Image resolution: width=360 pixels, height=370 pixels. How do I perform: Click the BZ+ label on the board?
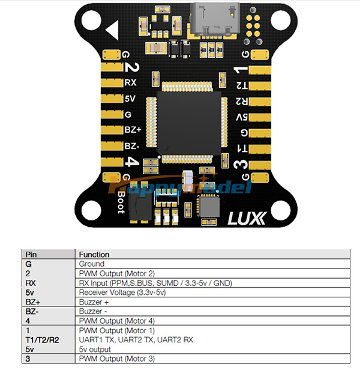133,130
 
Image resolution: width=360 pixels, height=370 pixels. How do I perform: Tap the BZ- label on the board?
133,145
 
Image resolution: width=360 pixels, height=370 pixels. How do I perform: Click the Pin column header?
31,254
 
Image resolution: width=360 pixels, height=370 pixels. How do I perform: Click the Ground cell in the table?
92,264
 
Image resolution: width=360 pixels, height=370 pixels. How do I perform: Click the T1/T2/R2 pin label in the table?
41,339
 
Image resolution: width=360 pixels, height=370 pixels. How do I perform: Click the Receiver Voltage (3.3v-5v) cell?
122,292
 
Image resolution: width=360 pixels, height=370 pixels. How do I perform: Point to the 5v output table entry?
95,348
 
